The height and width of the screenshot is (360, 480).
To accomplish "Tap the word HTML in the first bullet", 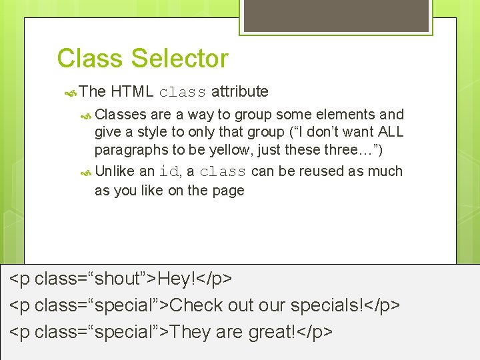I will (133, 91).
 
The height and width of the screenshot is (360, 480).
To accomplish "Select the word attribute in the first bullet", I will (240, 91).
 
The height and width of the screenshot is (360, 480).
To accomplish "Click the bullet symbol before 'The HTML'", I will (72, 92).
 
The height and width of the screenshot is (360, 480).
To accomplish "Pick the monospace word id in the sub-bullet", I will (169, 171).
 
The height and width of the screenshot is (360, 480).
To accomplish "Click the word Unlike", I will (116, 171).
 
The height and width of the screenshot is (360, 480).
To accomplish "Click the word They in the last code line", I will (189, 331).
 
